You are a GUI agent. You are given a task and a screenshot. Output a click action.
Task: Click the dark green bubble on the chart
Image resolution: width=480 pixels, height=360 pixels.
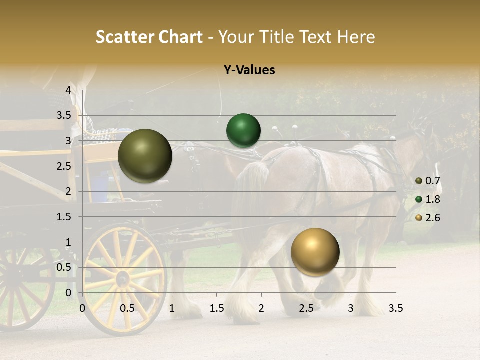(x=243, y=130)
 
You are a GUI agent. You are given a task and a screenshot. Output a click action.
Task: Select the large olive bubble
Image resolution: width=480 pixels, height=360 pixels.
(x=145, y=156)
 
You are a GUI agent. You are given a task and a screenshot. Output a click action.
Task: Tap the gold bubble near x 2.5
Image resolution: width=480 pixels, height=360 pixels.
(x=315, y=252)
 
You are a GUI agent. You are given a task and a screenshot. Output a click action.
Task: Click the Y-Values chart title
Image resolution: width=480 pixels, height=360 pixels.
(x=249, y=70)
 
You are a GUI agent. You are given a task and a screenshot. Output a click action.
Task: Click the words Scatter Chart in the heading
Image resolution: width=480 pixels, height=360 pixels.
(x=149, y=37)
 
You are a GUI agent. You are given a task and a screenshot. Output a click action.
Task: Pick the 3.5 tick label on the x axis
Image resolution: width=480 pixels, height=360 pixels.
(x=395, y=308)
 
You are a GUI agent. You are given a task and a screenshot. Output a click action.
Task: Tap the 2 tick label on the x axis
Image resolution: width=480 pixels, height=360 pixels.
(x=261, y=308)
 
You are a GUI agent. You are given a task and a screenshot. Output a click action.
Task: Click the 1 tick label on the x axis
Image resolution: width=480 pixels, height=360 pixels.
(x=172, y=308)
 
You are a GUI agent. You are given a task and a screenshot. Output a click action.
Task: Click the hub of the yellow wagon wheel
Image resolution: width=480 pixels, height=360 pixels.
(x=122, y=278)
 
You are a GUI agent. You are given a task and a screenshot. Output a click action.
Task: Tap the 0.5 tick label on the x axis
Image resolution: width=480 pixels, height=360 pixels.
(x=127, y=308)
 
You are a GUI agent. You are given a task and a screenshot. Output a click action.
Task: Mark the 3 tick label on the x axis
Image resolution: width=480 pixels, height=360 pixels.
(x=351, y=308)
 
